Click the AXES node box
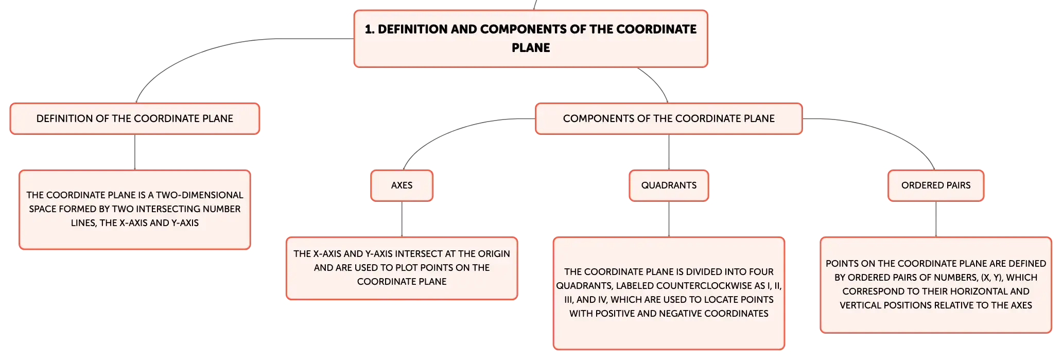(x=402, y=185)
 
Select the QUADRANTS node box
(x=669, y=185)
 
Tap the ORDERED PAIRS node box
(x=936, y=185)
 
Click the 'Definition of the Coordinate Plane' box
(x=135, y=118)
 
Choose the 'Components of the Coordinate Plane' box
(x=669, y=118)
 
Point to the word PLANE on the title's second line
(x=531, y=48)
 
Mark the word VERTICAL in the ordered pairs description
(x=859, y=305)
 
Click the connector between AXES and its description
(x=402, y=219)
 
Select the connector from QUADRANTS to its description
(x=669, y=219)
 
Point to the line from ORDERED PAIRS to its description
(x=936, y=219)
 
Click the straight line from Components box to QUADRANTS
(x=669, y=152)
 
